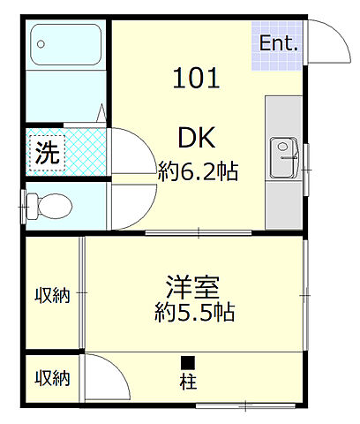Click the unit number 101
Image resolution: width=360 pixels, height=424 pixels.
[x=197, y=79]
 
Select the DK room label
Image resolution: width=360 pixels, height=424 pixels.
[x=199, y=137]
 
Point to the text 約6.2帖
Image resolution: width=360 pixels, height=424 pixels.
[x=199, y=171]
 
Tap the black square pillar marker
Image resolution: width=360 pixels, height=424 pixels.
[x=188, y=362]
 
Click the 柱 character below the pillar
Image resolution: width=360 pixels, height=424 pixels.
[x=188, y=383]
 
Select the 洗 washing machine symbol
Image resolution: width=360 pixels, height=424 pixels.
[x=47, y=153]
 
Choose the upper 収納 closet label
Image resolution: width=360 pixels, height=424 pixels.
[x=52, y=292]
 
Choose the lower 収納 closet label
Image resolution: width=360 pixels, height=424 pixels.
[x=52, y=378]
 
